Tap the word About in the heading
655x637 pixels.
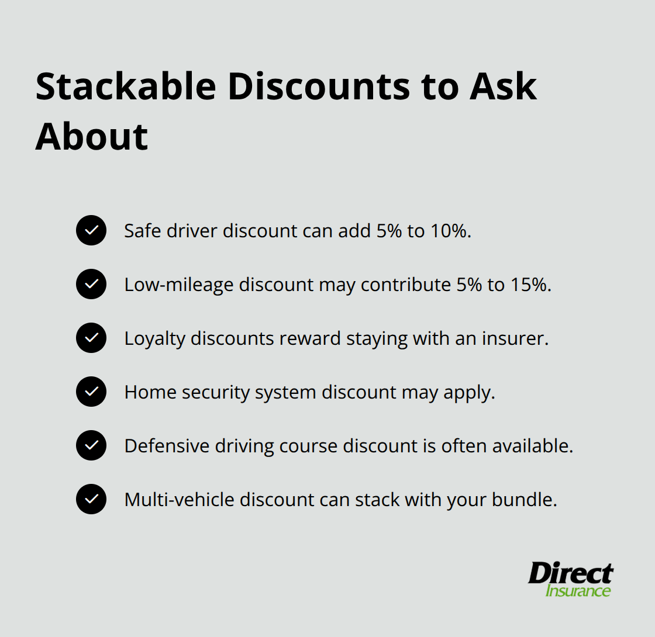click(x=92, y=137)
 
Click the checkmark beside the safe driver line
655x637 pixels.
click(x=91, y=230)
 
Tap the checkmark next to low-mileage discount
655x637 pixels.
click(x=91, y=284)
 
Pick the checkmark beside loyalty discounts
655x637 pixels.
click(x=91, y=338)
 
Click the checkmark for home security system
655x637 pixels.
click(x=91, y=392)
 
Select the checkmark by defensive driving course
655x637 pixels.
click(x=91, y=445)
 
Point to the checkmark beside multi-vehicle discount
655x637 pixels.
click(x=91, y=499)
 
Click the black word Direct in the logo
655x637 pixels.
click(x=571, y=573)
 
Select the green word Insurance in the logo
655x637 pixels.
click(x=578, y=590)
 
